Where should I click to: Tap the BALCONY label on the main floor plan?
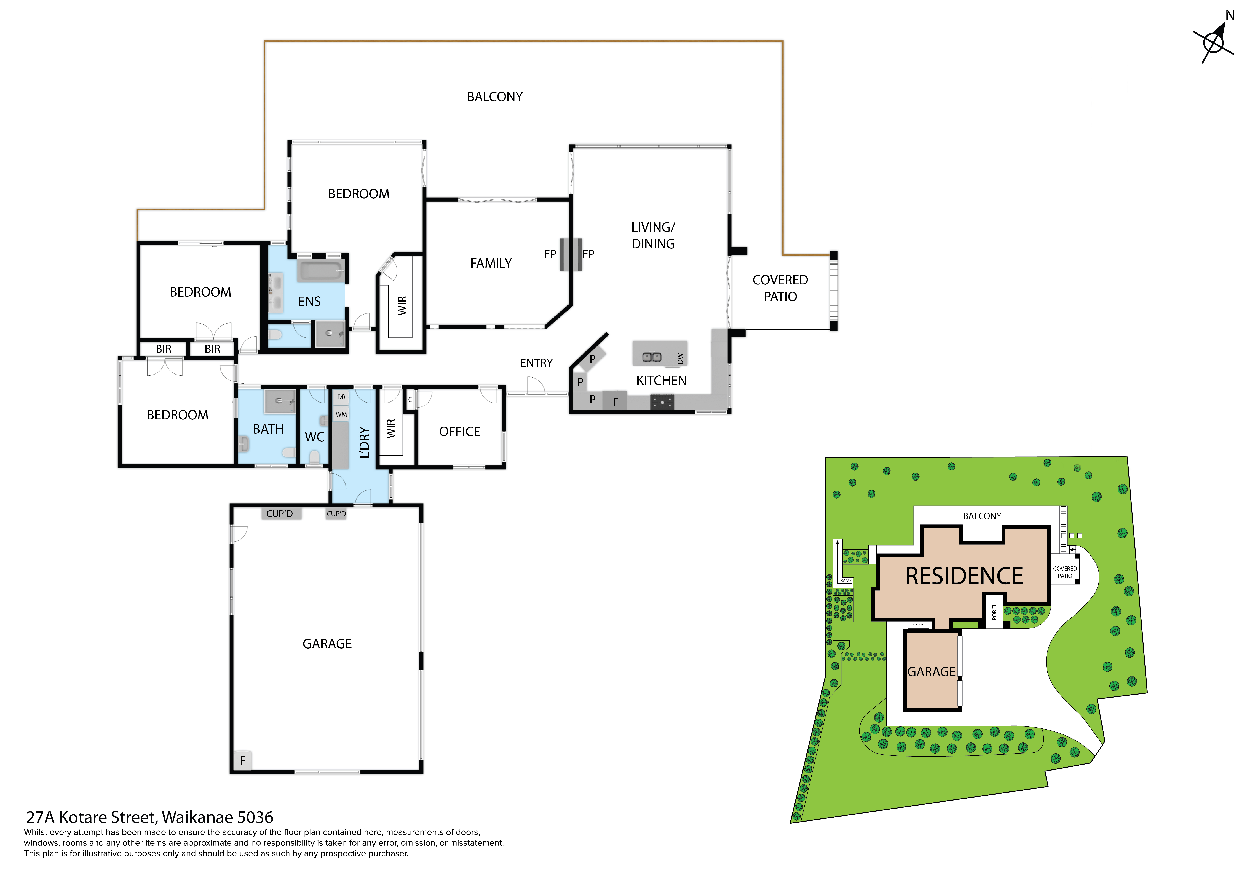495,97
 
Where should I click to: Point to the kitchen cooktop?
662,402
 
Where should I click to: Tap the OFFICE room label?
459,432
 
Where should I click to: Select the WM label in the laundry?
341,414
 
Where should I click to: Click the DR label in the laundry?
341,397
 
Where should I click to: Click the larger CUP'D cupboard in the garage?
280,514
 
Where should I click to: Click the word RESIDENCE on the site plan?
964,576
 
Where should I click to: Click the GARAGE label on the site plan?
932,672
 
